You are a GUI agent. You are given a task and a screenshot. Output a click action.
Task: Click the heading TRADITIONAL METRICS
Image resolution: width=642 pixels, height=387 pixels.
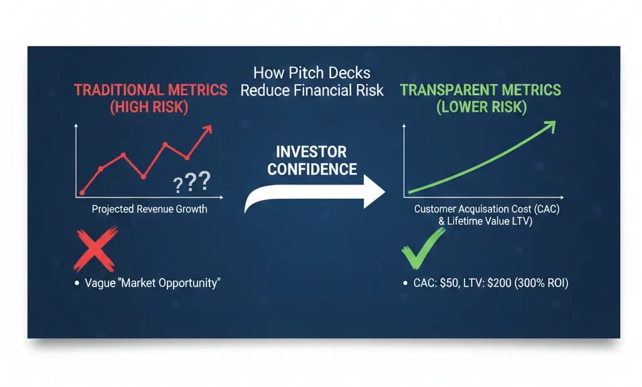(x=150, y=90)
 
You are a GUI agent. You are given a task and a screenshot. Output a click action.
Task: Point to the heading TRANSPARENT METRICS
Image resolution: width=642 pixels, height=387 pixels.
(x=480, y=90)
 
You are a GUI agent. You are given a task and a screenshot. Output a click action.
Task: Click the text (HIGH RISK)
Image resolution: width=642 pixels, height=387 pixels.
(x=149, y=107)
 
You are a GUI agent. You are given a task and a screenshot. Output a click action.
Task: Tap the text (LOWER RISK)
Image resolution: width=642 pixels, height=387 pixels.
(x=480, y=107)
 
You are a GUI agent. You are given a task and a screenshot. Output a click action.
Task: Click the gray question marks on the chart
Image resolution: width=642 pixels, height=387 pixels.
(x=192, y=183)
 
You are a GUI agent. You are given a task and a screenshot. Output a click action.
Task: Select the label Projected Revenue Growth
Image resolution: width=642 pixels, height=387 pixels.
(x=149, y=209)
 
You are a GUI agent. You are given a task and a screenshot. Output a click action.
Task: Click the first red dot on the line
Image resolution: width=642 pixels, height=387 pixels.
(x=82, y=193)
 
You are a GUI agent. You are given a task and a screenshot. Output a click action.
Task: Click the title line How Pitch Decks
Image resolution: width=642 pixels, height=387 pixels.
(x=312, y=73)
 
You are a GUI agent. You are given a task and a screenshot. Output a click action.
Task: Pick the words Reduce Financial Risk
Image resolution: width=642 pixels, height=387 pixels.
(x=312, y=90)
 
